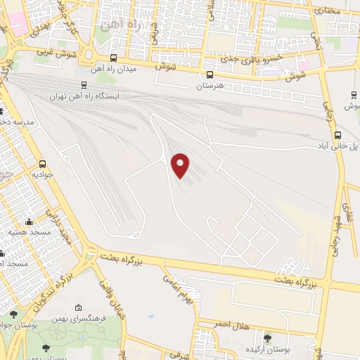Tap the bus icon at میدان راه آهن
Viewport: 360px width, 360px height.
click(x=114, y=58)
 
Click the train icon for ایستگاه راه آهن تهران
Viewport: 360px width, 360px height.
click(x=84, y=85)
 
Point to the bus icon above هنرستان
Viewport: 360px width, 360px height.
click(x=210, y=75)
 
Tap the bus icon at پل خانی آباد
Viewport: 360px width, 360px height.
click(x=339, y=135)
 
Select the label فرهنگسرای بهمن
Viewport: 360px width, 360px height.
click(x=103, y=318)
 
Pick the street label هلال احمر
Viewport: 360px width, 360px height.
click(x=232, y=325)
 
